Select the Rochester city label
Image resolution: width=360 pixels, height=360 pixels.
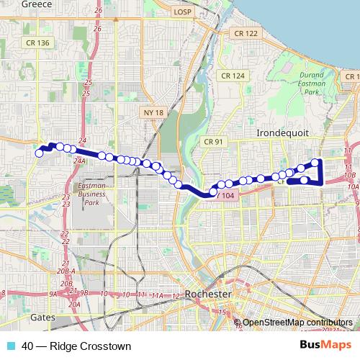pyautogui.click(x=208, y=294)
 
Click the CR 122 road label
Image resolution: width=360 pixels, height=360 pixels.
pyautogui.click(x=245, y=33)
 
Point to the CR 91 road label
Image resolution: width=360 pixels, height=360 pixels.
pyautogui.click(x=214, y=141)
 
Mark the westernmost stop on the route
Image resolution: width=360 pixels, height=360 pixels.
pyautogui.click(x=40, y=153)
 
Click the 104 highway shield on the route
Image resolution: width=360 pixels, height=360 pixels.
pyautogui.click(x=227, y=195)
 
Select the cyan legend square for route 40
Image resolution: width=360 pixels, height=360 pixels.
pyautogui.click(x=9, y=346)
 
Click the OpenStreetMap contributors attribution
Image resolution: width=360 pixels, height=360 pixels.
pyautogui.click(x=297, y=322)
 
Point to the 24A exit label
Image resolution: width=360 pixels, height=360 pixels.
pyautogui.click(x=79, y=162)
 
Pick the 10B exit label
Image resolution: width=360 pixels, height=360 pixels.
pyautogui.click(x=351, y=174)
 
